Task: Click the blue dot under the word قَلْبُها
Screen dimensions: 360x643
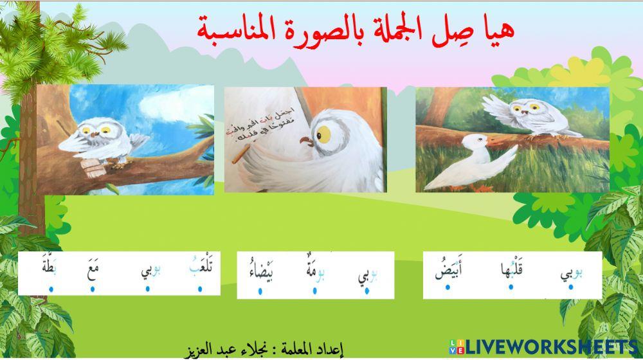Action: tap(511, 287)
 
